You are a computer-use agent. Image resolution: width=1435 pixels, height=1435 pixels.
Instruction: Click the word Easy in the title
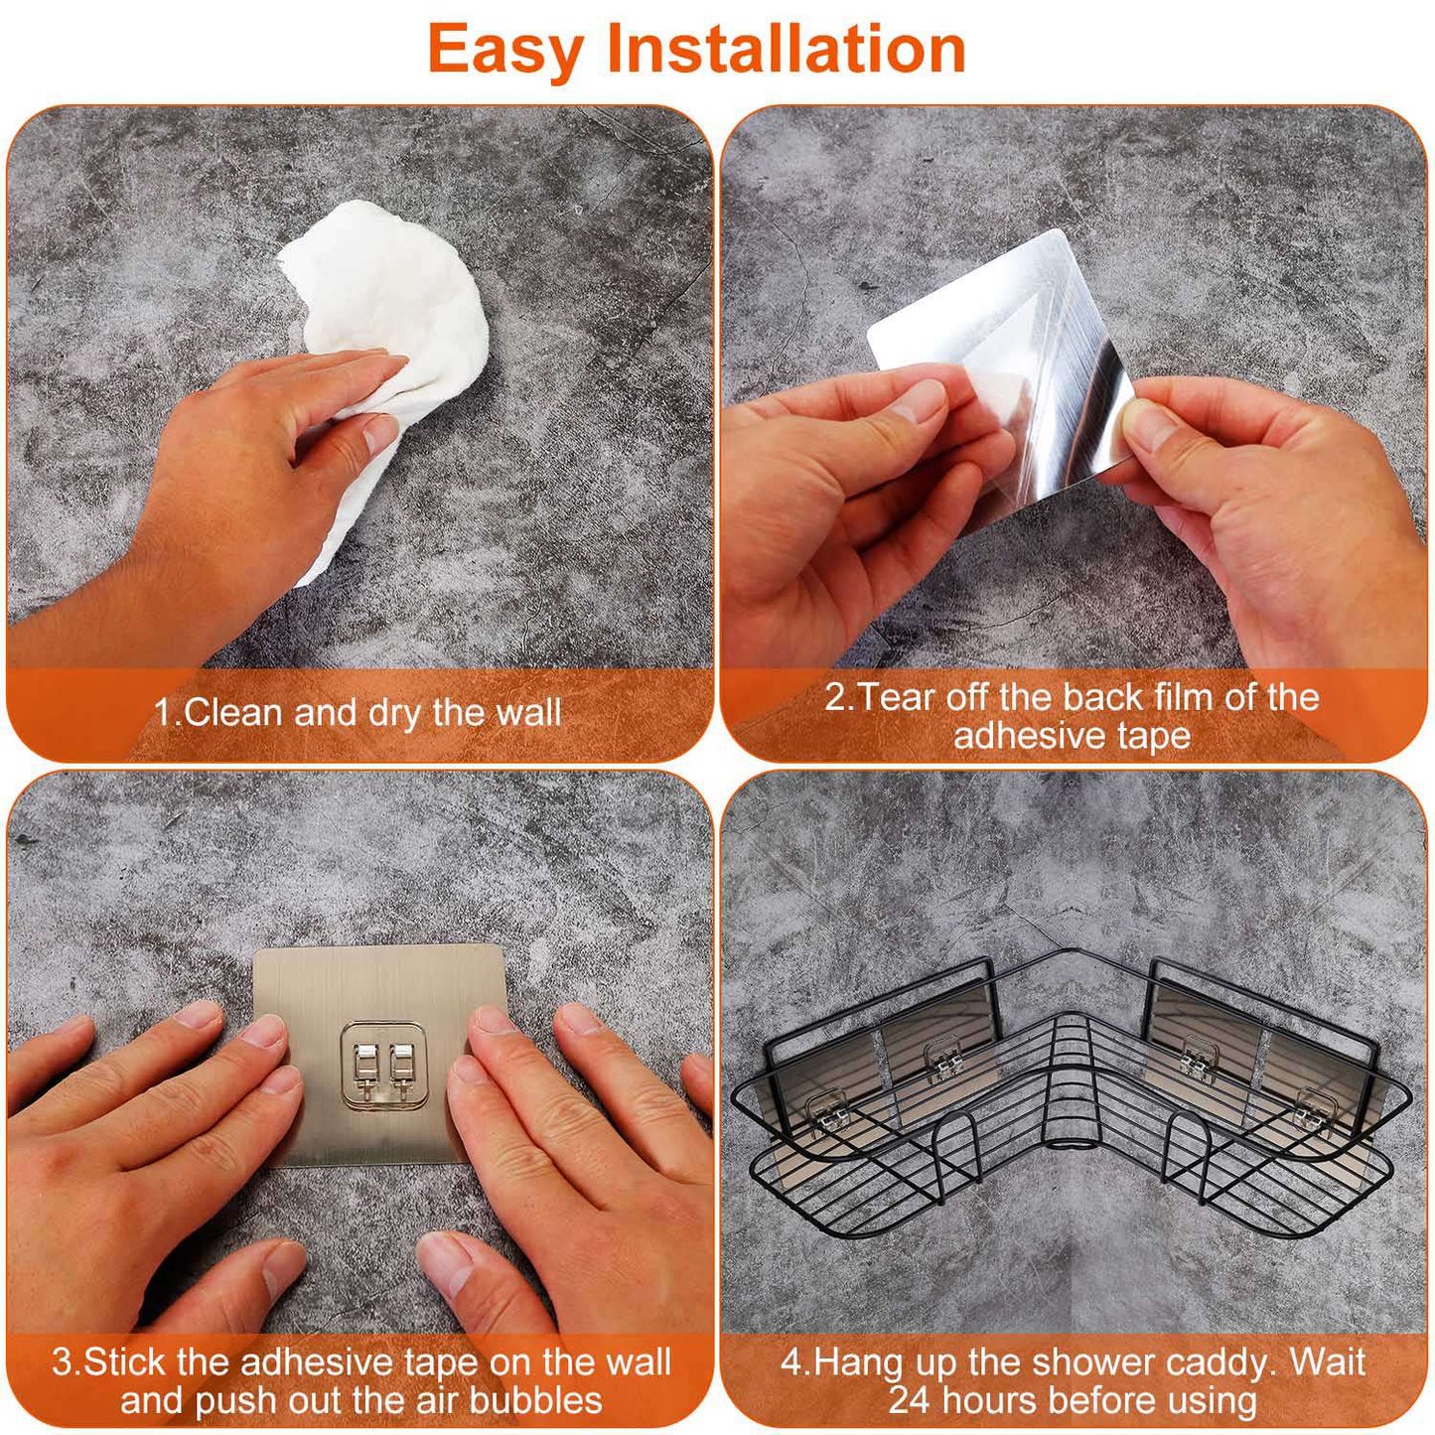504,50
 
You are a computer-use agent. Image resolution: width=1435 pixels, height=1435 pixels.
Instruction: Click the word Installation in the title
786,50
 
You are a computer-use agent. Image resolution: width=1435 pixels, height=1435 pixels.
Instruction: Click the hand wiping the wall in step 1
258,467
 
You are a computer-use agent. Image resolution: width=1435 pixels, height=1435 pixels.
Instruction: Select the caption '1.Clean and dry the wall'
358,713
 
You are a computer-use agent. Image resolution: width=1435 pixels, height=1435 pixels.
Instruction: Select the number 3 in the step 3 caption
62,1362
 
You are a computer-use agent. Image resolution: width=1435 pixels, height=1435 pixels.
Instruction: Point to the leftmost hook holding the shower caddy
828,1111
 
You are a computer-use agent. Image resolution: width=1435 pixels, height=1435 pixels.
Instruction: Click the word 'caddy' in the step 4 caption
1220,1363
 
